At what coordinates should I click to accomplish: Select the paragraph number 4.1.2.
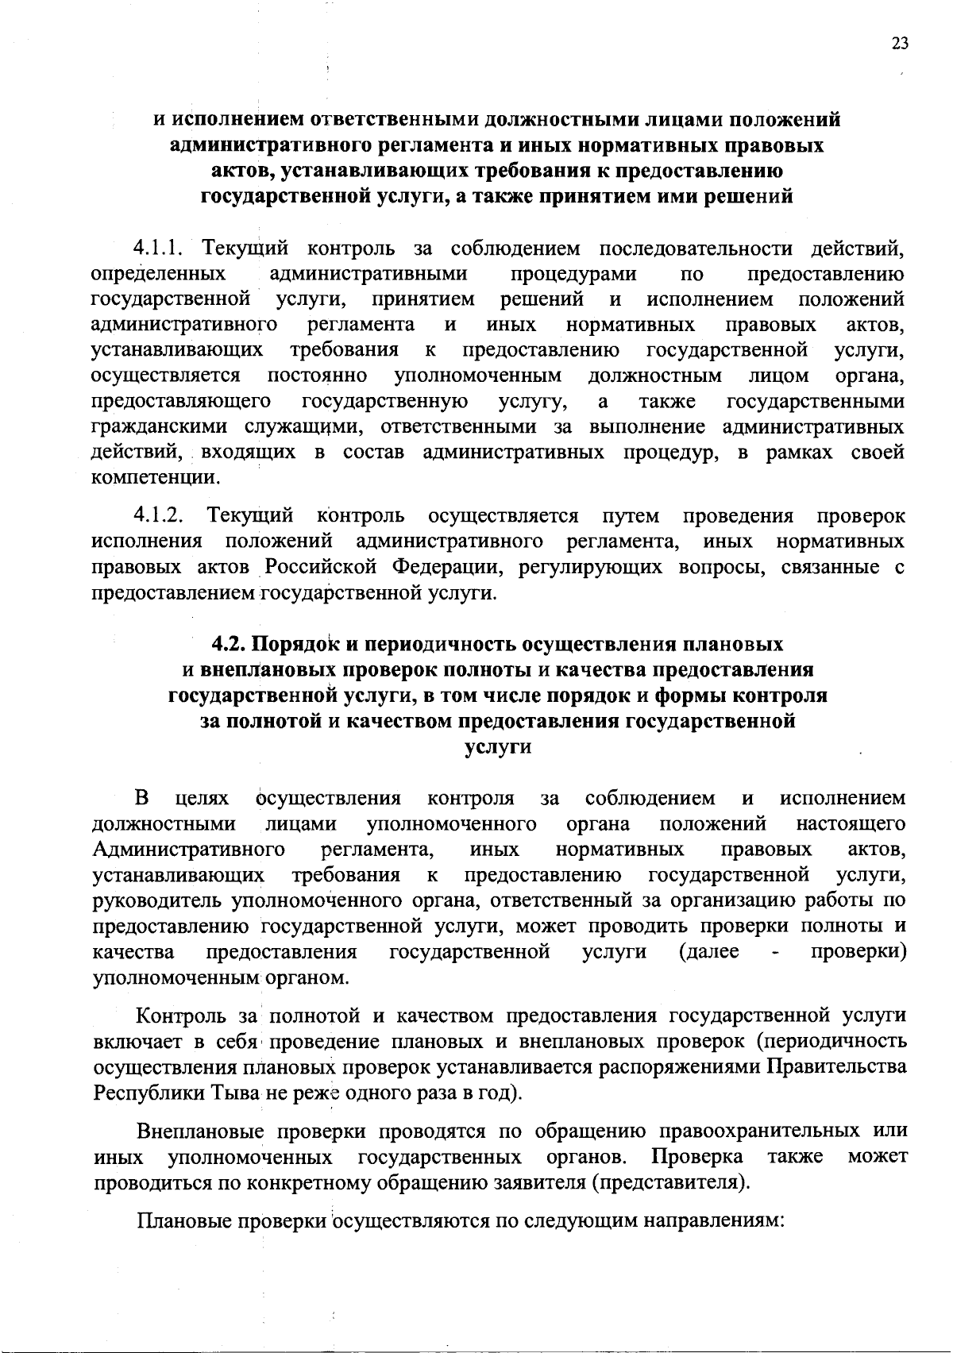click(162, 516)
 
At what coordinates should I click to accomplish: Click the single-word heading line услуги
click(497, 747)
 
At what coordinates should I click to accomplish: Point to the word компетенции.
click(155, 479)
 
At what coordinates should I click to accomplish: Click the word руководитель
click(158, 901)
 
